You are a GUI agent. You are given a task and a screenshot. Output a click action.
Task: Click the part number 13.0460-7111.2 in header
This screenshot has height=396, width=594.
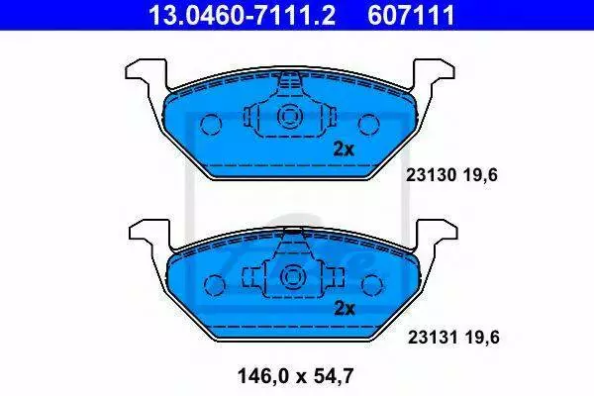tap(242, 16)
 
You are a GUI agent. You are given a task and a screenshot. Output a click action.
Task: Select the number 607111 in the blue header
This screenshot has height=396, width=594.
tap(412, 16)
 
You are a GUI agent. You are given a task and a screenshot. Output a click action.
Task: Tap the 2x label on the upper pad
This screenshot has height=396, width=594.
tap(344, 149)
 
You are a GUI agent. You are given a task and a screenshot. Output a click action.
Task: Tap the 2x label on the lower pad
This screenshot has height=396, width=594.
tap(345, 309)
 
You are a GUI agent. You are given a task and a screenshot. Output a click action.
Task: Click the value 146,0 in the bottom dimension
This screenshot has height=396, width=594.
tap(263, 376)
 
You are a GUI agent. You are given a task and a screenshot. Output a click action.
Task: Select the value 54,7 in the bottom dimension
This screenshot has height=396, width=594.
tap(334, 376)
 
